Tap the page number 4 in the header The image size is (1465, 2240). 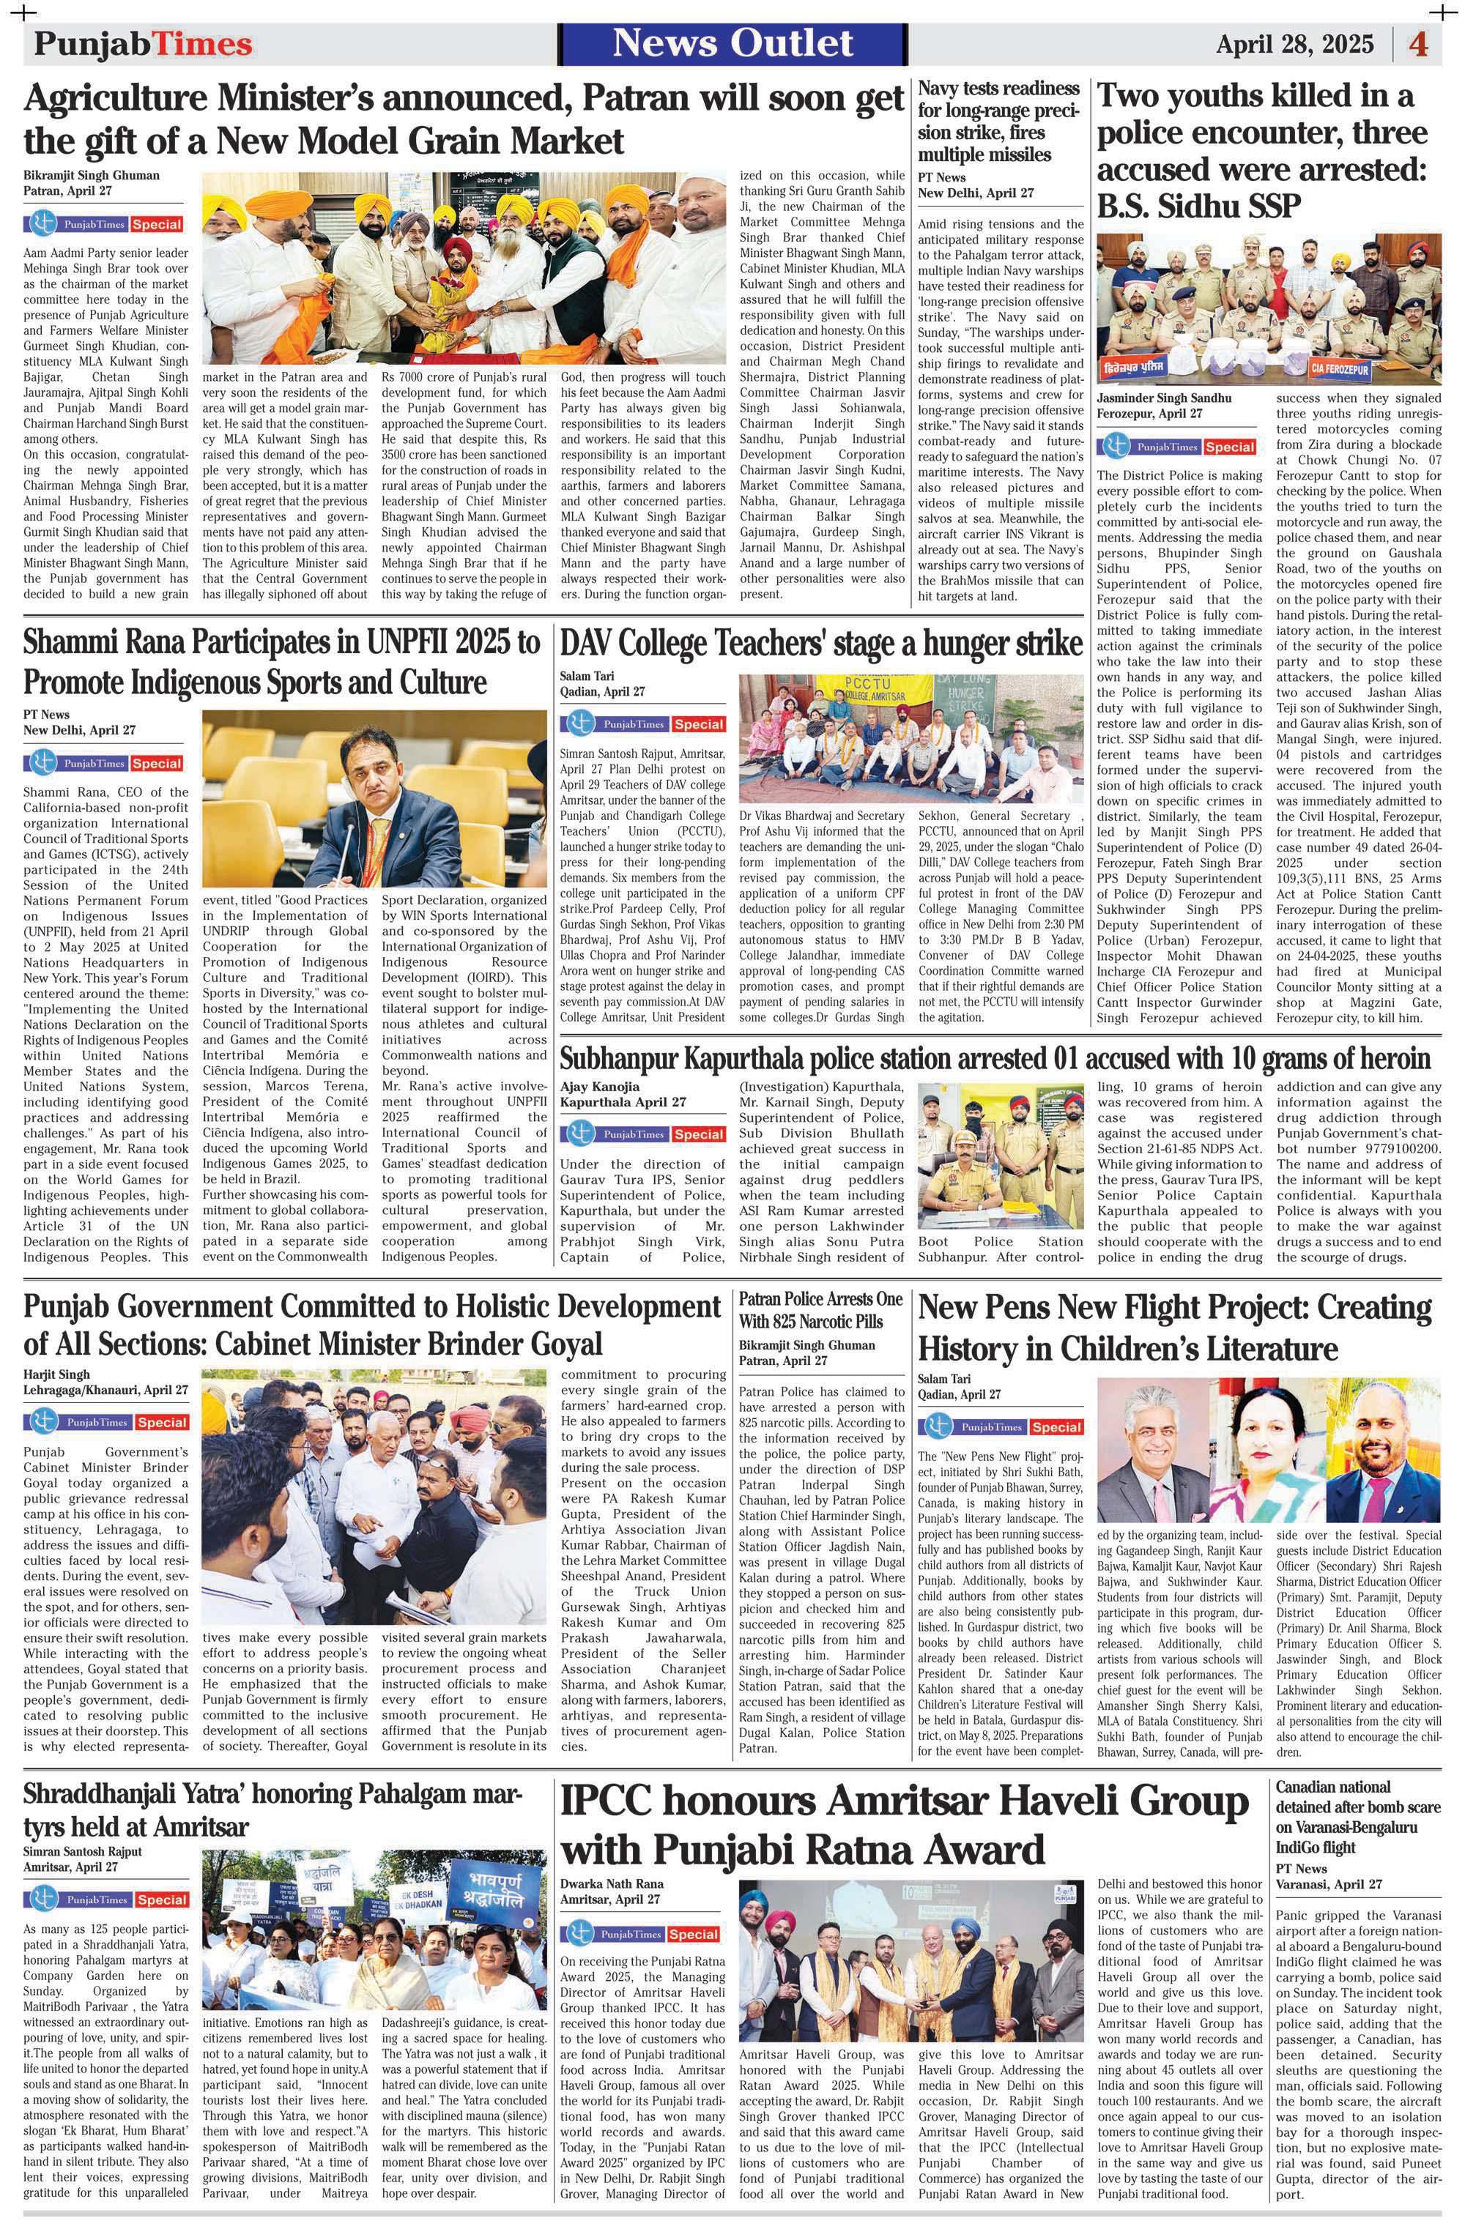point(1418,44)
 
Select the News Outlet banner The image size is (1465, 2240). point(732,44)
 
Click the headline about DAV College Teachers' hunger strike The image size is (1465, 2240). point(821,644)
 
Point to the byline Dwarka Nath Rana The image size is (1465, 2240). point(612,1883)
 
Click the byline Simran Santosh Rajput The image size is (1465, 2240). point(83,1851)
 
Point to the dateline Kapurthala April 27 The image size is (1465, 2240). point(623,1102)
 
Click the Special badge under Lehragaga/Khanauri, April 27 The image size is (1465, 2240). point(160,1422)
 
